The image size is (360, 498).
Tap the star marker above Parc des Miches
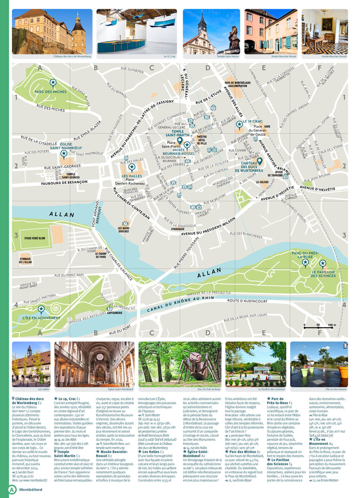click(52, 82)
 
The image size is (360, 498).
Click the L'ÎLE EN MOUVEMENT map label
click(41, 318)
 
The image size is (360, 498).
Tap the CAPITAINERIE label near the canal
click(115, 312)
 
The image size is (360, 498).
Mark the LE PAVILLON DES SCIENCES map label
click(322, 272)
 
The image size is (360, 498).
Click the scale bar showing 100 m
click(318, 325)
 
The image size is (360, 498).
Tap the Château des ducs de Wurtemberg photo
click(52, 31)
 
